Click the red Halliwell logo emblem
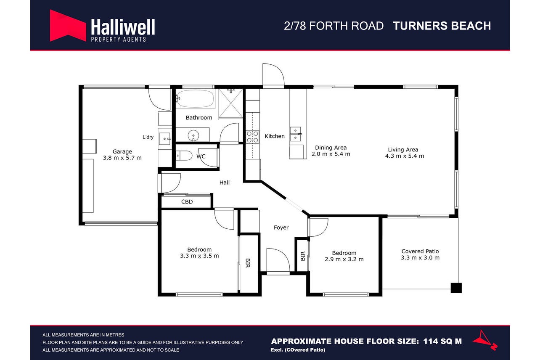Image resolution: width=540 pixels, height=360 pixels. point(68,26)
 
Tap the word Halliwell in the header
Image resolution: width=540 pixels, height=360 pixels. point(123,27)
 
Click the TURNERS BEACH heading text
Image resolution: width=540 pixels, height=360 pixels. point(442,26)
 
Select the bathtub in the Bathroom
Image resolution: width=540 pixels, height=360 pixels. point(195,98)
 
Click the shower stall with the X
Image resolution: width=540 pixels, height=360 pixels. point(231,103)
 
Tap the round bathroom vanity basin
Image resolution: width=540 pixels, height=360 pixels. point(193,135)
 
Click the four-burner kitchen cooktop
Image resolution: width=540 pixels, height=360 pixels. point(252,137)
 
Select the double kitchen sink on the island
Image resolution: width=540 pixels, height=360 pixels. point(296,134)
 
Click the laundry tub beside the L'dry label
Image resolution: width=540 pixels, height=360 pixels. point(165,139)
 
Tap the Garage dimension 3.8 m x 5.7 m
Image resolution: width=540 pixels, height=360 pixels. point(122,158)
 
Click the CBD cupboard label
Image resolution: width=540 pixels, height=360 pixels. point(187,201)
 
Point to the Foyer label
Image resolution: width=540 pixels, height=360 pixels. point(281,228)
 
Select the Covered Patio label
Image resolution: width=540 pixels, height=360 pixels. point(420,251)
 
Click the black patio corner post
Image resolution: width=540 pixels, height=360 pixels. point(456,288)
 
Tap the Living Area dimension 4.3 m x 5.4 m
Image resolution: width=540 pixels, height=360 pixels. point(404,156)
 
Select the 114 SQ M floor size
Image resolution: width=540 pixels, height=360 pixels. point(442,341)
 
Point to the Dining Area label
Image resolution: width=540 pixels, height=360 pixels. point(331,148)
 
